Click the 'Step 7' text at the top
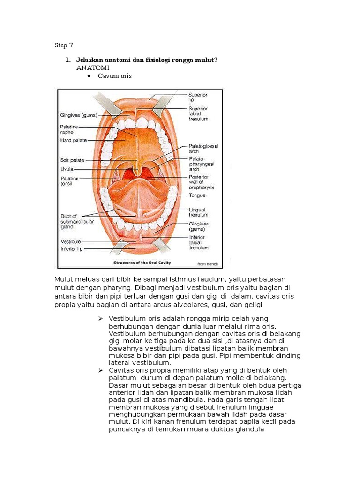[x=64, y=45]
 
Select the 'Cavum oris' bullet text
[x=115, y=76]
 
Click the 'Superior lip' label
[x=199, y=97]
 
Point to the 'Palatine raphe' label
[x=70, y=129]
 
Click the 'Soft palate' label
[x=72, y=160]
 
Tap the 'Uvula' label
[x=67, y=169]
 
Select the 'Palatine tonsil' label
[x=70, y=181]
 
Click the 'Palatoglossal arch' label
[x=203, y=149]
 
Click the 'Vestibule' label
[x=71, y=241]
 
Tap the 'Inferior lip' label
[x=72, y=249]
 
